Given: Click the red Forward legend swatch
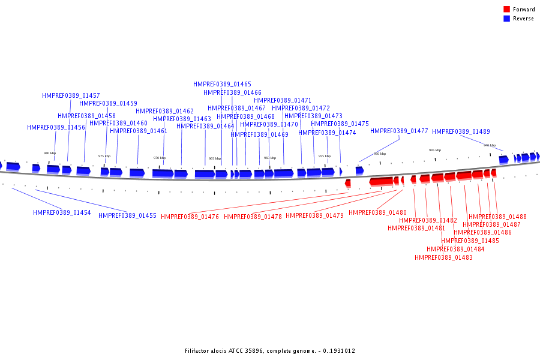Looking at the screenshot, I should (506, 10).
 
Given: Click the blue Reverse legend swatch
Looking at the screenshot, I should (506, 19).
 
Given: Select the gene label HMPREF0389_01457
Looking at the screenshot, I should (71, 96).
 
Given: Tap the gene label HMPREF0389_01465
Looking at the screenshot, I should (222, 85).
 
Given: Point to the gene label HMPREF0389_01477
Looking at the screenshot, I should (399, 131).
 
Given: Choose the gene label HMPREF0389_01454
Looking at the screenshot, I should (62, 213).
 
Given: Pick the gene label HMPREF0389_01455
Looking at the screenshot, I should (127, 216).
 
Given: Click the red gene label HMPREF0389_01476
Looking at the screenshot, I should (190, 217).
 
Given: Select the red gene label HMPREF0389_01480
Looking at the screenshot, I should (377, 213).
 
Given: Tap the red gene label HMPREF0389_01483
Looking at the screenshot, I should (443, 258).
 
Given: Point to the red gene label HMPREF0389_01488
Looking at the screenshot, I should (497, 217).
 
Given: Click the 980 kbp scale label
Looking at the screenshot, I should (50, 153).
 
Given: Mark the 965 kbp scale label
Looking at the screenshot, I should (214, 158).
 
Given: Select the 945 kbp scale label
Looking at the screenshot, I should (434, 150).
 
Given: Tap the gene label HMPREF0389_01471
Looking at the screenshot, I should (283, 101).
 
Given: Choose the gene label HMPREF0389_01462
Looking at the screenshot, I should (164, 112).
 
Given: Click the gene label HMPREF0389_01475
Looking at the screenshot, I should (340, 124).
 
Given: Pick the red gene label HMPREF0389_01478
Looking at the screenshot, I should (253, 217).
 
